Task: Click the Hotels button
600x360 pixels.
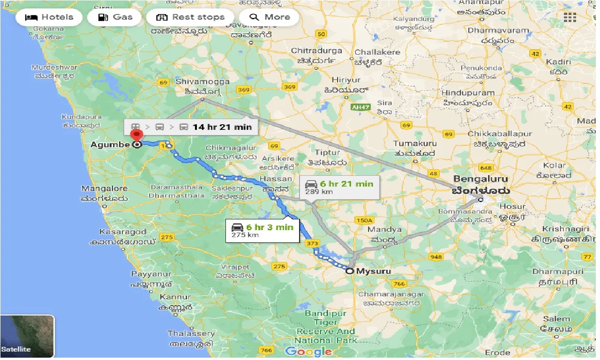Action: [49, 17]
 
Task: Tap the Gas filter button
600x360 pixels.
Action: [115, 17]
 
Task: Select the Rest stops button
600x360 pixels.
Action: [190, 17]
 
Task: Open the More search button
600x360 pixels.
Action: [270, 17]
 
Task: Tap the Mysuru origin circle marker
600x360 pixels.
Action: [349, 270]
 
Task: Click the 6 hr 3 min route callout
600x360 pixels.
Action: [262, 230]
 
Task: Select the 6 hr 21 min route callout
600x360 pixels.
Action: [339, 187]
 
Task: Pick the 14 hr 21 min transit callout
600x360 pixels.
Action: [191, 127]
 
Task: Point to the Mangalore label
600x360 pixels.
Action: [104, 189]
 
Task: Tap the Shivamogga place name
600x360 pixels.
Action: [202, 82]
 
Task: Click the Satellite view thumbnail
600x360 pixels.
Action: [27, 336]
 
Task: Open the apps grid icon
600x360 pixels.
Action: [570, 18]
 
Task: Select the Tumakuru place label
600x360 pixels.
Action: [415, 143]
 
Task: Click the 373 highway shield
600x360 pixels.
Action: [312, 243]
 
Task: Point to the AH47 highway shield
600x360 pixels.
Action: [360, 107]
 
